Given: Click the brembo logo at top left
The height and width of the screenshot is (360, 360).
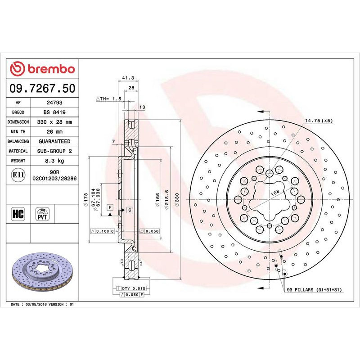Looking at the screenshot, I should coord(42,69).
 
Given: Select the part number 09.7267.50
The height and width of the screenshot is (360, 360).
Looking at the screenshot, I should coord(42,88).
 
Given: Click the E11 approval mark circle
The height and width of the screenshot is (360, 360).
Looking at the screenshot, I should coord(18,175).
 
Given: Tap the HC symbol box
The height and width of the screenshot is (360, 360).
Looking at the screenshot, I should coord(18,213).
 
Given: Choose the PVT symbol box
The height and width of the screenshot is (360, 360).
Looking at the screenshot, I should coord(43,213).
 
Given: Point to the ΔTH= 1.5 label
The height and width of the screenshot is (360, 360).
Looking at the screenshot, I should coord(108,98).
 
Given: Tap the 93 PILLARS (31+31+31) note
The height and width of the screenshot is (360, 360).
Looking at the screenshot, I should coord(315,290).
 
